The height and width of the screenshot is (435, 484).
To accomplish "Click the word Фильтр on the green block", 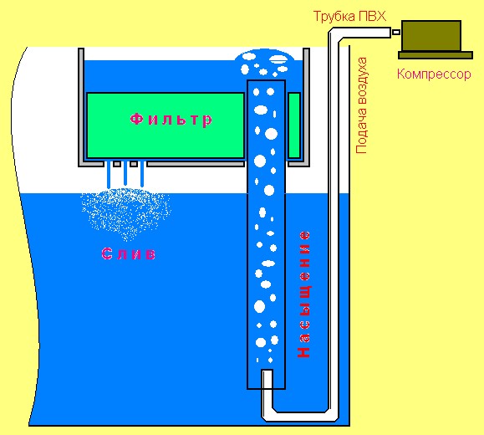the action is pos(171,120).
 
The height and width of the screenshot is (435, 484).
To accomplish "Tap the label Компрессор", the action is pos(434,74).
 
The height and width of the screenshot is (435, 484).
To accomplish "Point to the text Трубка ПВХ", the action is pos(349,17).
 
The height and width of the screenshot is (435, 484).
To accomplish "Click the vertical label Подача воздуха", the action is pos(361,105).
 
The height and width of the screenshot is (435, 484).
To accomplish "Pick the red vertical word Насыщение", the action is pos(304,294).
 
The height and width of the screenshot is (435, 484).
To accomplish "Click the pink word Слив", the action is pos(129,254).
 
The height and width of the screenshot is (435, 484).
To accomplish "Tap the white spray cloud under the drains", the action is pos(126,213).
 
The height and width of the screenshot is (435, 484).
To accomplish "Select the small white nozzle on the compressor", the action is pos(396,32).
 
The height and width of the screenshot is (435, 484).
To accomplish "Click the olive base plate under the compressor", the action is pos(436,55).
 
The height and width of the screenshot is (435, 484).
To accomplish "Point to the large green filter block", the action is pos(166,125).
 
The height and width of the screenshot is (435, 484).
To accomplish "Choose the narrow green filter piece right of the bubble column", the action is pos(294,125).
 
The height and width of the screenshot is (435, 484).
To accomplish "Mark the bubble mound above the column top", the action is pos(265,64).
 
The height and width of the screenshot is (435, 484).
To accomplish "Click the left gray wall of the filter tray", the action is pos(81,106).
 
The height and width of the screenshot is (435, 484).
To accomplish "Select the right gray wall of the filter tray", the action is pos(306,106).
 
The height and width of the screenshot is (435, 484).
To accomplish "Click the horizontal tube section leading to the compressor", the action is pos(364,33).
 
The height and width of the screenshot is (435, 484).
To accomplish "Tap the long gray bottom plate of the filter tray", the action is pos(196,164).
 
